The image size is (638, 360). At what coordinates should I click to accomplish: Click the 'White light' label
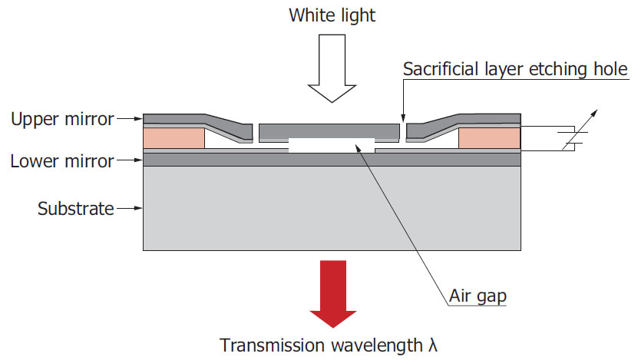click(x=332, y=15)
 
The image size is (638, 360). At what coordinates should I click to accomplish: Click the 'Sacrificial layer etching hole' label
click(x=516, y=70)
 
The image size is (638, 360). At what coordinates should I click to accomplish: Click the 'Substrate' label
click(x=75, y=207)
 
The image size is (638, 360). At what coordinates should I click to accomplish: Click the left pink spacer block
click(x=174, y=138)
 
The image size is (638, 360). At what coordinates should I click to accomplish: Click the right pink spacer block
click(x=489, y=138)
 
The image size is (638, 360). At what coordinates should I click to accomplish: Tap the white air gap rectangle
click(x=331, y=145)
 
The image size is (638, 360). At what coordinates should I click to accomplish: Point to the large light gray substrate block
click(x=331, y=207)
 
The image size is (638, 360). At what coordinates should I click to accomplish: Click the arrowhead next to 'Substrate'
click(x=138, y=207)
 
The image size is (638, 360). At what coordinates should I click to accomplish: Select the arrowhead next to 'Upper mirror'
click(x=139, y=119)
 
